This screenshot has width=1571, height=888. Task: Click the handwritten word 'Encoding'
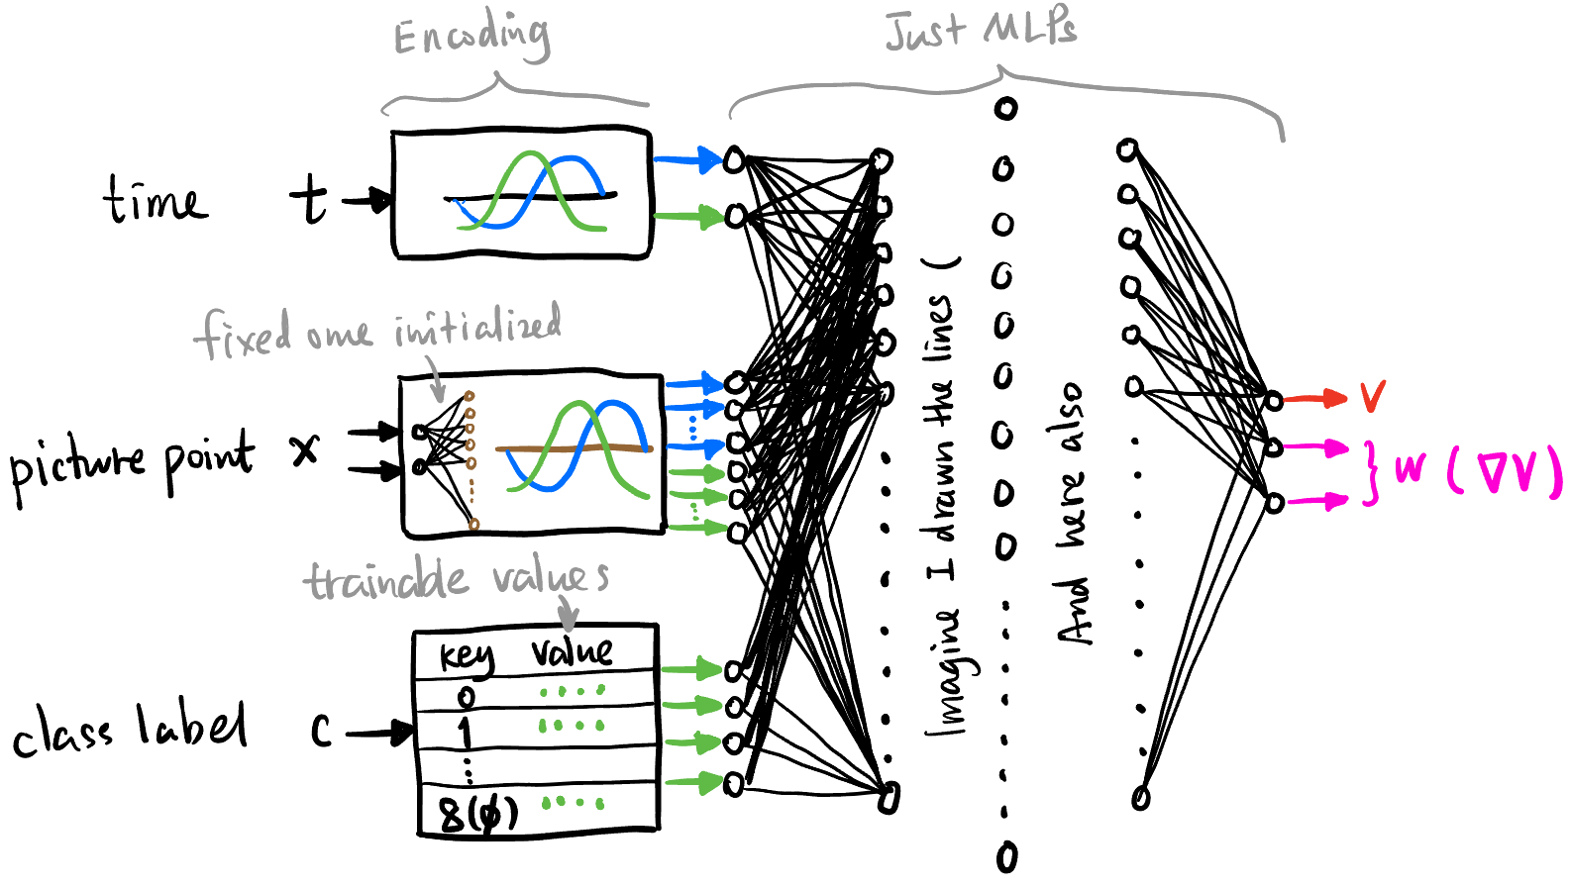click(471, 37)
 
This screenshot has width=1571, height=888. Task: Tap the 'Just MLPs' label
click(980, 29)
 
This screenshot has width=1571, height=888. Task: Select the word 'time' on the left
click(155, 201)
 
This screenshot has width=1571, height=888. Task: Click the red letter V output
click(1372, 397)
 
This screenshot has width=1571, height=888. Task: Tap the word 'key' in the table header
click(467, 656)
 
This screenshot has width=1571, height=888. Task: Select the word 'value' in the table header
click(572, 651)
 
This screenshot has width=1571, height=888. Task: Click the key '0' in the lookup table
click(466, 698)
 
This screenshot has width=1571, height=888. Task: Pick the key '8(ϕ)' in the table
click(478, 815)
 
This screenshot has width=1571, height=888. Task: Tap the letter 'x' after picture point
click(305, 450)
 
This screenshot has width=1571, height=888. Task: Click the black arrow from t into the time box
click(367, 201)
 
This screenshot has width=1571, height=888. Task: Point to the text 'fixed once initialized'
click(377, 331)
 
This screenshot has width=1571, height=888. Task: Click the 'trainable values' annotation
click(455, 579)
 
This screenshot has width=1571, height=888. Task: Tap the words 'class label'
click(129, 729)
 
